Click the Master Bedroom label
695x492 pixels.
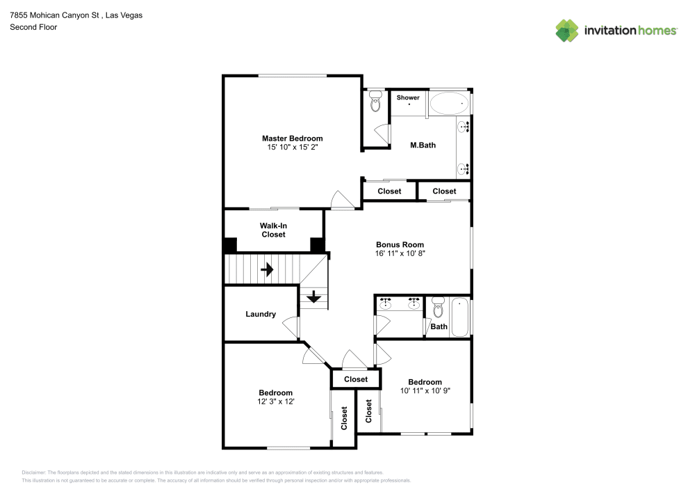[292, 138]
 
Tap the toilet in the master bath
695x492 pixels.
[375, 102]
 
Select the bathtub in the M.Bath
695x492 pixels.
[448, 104]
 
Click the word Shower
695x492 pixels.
[408, 97]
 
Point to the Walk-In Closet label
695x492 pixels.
[273, 230]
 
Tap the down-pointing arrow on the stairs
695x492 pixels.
[313, 297]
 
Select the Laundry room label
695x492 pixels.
[261, 314]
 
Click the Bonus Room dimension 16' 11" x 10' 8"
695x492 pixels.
[400, 254]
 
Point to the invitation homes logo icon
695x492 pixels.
[567, 30]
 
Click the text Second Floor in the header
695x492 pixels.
[33, 27]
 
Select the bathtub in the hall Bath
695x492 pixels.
[460, 317]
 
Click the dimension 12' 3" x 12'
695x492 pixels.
[276, 402]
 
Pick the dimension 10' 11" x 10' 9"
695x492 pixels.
[425, 391]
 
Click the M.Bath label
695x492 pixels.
[423, 145]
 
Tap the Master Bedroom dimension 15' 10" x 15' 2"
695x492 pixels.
[292, 148]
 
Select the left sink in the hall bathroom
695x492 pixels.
[386, 304]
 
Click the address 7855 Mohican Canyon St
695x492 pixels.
[56, 15]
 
